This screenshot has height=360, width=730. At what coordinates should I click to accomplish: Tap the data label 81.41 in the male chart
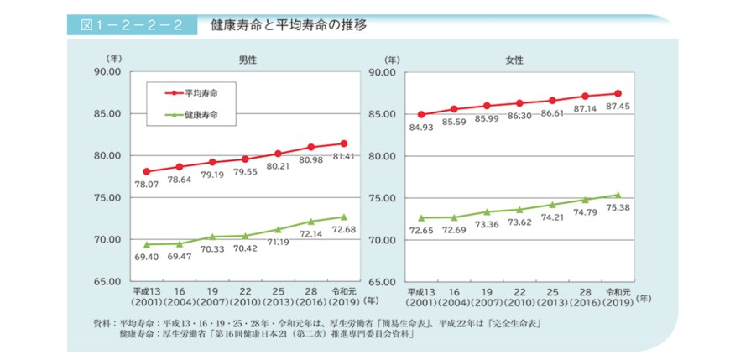(x=344, y=156)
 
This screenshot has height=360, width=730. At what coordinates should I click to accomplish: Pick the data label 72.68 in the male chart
(x=344, y=229)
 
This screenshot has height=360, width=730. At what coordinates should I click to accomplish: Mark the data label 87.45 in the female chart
(x=618, y=106)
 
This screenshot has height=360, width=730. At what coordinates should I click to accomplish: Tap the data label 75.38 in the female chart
(x=618, y=206)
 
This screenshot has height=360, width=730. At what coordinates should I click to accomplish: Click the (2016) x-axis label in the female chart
(x=585, y=301)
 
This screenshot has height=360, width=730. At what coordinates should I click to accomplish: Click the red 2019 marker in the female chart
(x=618, y=93)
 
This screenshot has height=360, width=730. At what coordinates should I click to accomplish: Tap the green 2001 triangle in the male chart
(x=147, y=244)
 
